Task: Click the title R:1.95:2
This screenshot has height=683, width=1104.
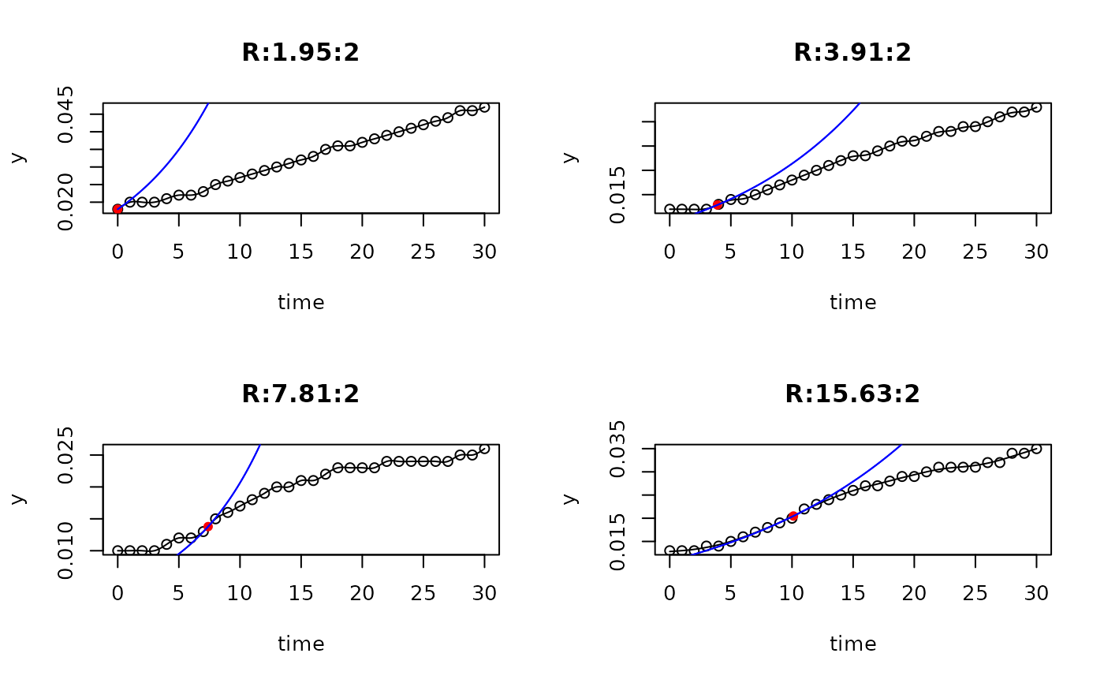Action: click(x=300, y=53)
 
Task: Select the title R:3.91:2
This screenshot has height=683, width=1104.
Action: click(x=852, y=53)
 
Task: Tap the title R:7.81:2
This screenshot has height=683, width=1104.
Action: click(x=300, y=394)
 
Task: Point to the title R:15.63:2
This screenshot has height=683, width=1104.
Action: click(x=852, y=394)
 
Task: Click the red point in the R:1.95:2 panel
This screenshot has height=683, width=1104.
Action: click(x=117, y=209)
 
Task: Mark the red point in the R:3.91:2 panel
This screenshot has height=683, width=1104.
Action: click(x=718, y=204)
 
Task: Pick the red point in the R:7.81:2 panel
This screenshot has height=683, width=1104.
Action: click(x=207, y=527)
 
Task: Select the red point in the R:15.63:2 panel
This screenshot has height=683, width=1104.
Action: click(x=792, y=517)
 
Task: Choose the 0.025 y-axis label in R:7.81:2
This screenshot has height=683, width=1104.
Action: click(x=66, y=455)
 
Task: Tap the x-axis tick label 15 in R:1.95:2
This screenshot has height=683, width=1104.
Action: click(x=300, y=252)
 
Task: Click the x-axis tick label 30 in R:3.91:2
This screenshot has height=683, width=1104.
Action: click(x=1036, y=252)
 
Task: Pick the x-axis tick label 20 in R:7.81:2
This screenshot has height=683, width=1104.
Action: click(x=362, y=594)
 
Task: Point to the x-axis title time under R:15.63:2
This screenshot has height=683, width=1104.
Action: click(x=852, y=644)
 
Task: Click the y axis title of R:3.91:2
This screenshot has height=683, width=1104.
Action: click(x=570, y=157)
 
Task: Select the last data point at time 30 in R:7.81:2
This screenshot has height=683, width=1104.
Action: click(x=484, y=449)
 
